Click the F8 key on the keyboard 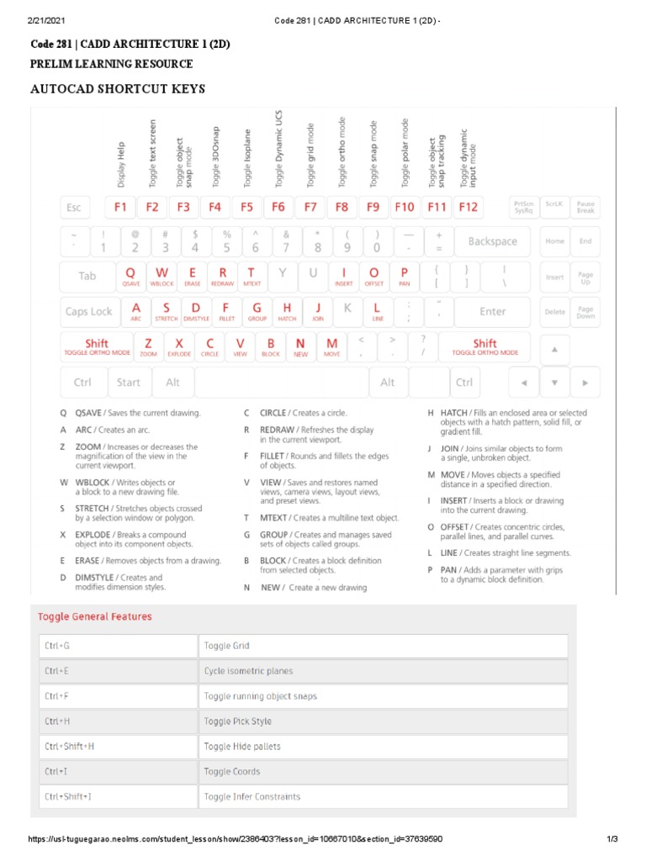[x=342, y=207]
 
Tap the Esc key [x=74, y=207]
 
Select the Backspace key [x=493, y=241]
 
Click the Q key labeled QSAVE [x=131, y=276]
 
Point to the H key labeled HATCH [x=287, y=311]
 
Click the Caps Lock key [x=88, y=311]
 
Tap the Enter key [x=493, y=311]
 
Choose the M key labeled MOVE [x=332, y=346]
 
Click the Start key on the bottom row [x=129, y=383]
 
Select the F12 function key [x=468, y=207]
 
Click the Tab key [x=87, y=276]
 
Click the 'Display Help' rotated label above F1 [x=120, y=164]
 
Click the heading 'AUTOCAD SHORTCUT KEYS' [x=118, y=89]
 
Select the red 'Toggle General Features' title [x=95, y=616]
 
